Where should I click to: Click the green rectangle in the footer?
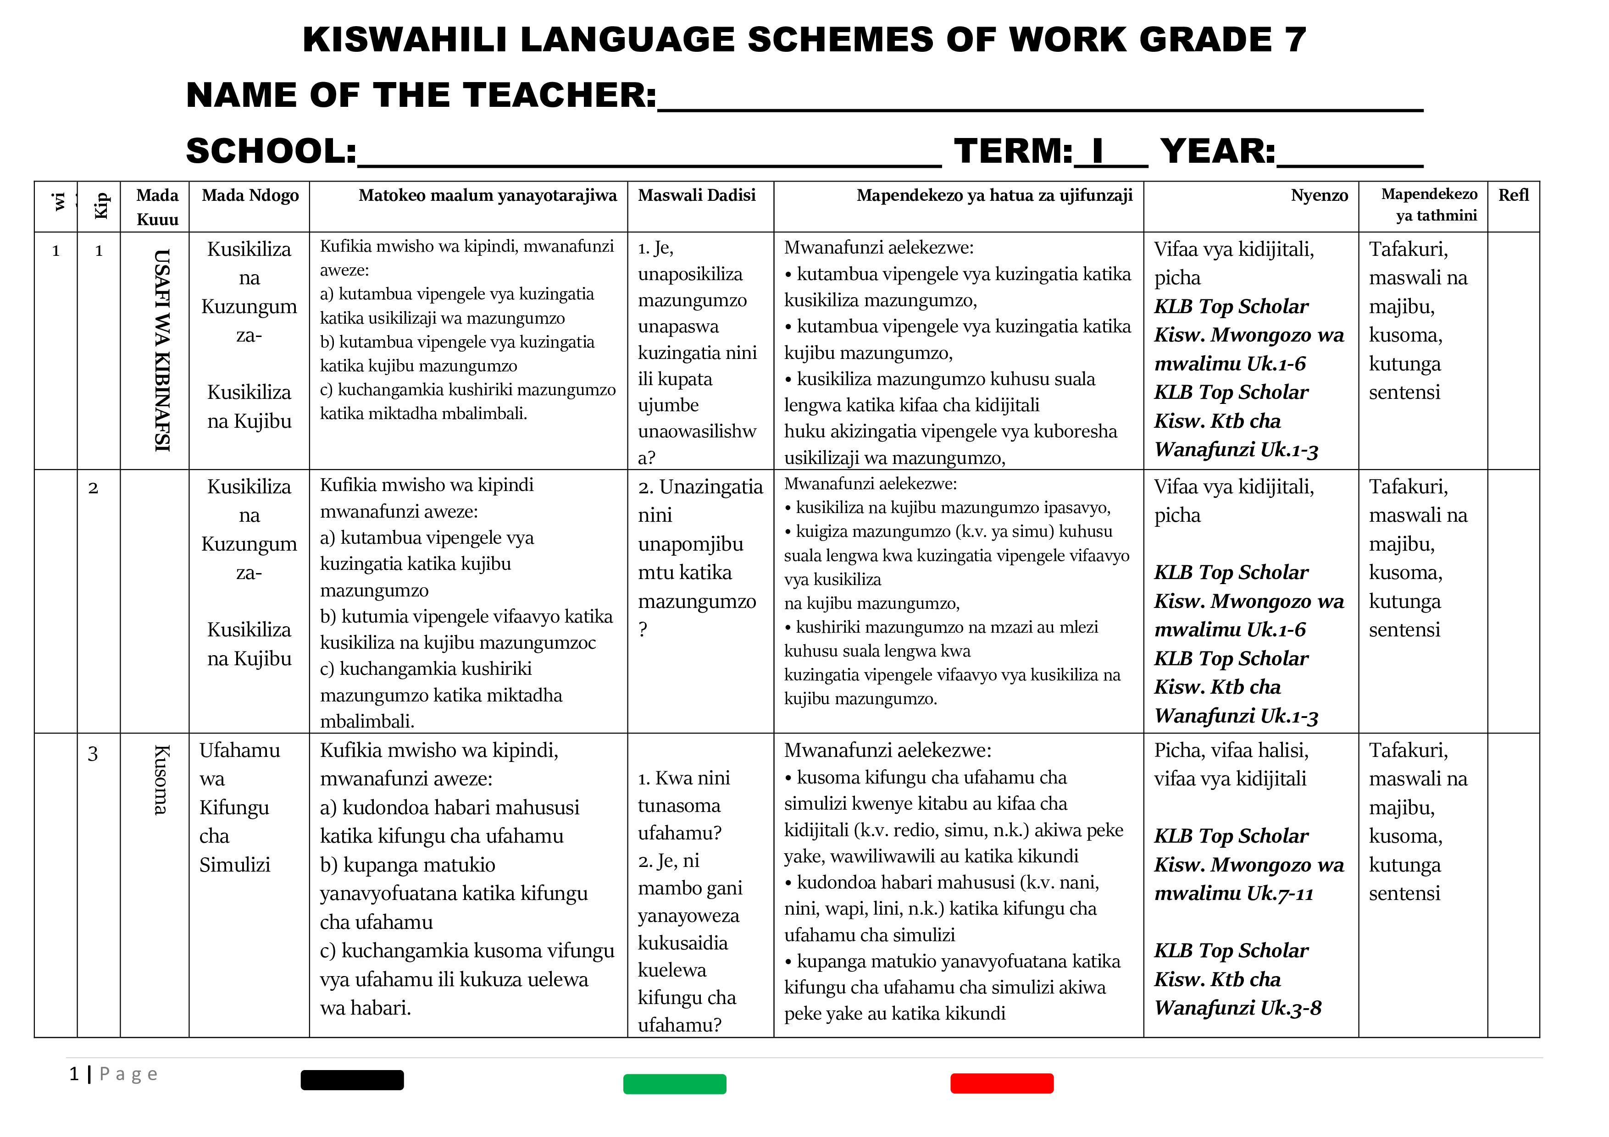pyautogui.click(x=674, y=1084)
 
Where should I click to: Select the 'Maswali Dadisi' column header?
pyautogui.click(x=697, y=195)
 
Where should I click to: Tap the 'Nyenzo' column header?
pyautogui.click(x=1319, y=195)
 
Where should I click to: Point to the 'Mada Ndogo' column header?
pyautogui.click(x=250, y=195)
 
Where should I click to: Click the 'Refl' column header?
pyautogui.click(x=1513, y=195)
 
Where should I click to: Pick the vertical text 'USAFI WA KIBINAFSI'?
pyautogui.click(x=162, y=350)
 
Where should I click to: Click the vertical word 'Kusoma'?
pyautogui.click(x=161, y=780)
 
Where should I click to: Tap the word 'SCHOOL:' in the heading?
pyautogui.click(x=271, y=151)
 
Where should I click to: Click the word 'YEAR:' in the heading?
pyautogui.click(x=1218, y=151)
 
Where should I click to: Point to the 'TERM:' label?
pyautogui.click(x=1013, y=151)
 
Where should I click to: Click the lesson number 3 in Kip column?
pyautogui.click(x=93, y=754)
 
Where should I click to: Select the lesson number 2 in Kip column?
pyautogui.click(x=93, y=488)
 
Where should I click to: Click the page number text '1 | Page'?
pyautogui.click(x=114, y=1074)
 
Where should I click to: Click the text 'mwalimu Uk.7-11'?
pyautogui.click(x=1233, y=894)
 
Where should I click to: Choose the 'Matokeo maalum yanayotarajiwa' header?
pyautogui.click(x=487, y=195)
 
